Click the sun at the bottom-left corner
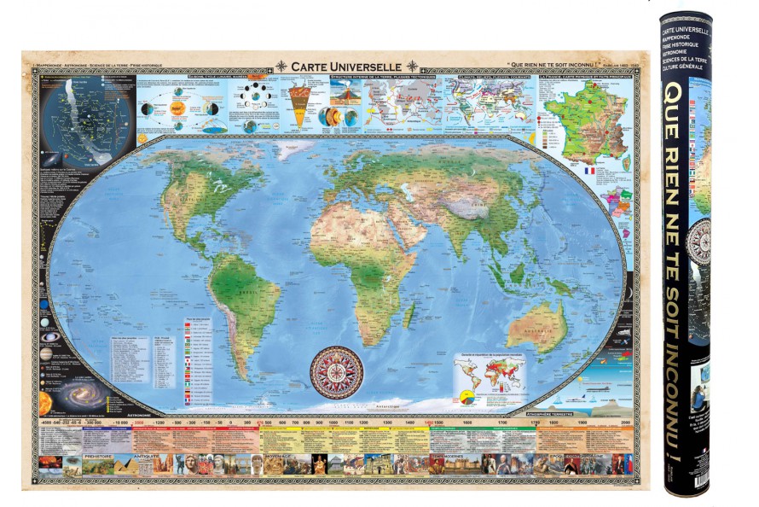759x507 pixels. [x=45, y=401]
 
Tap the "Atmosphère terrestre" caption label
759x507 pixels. [x=600, y=413]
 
